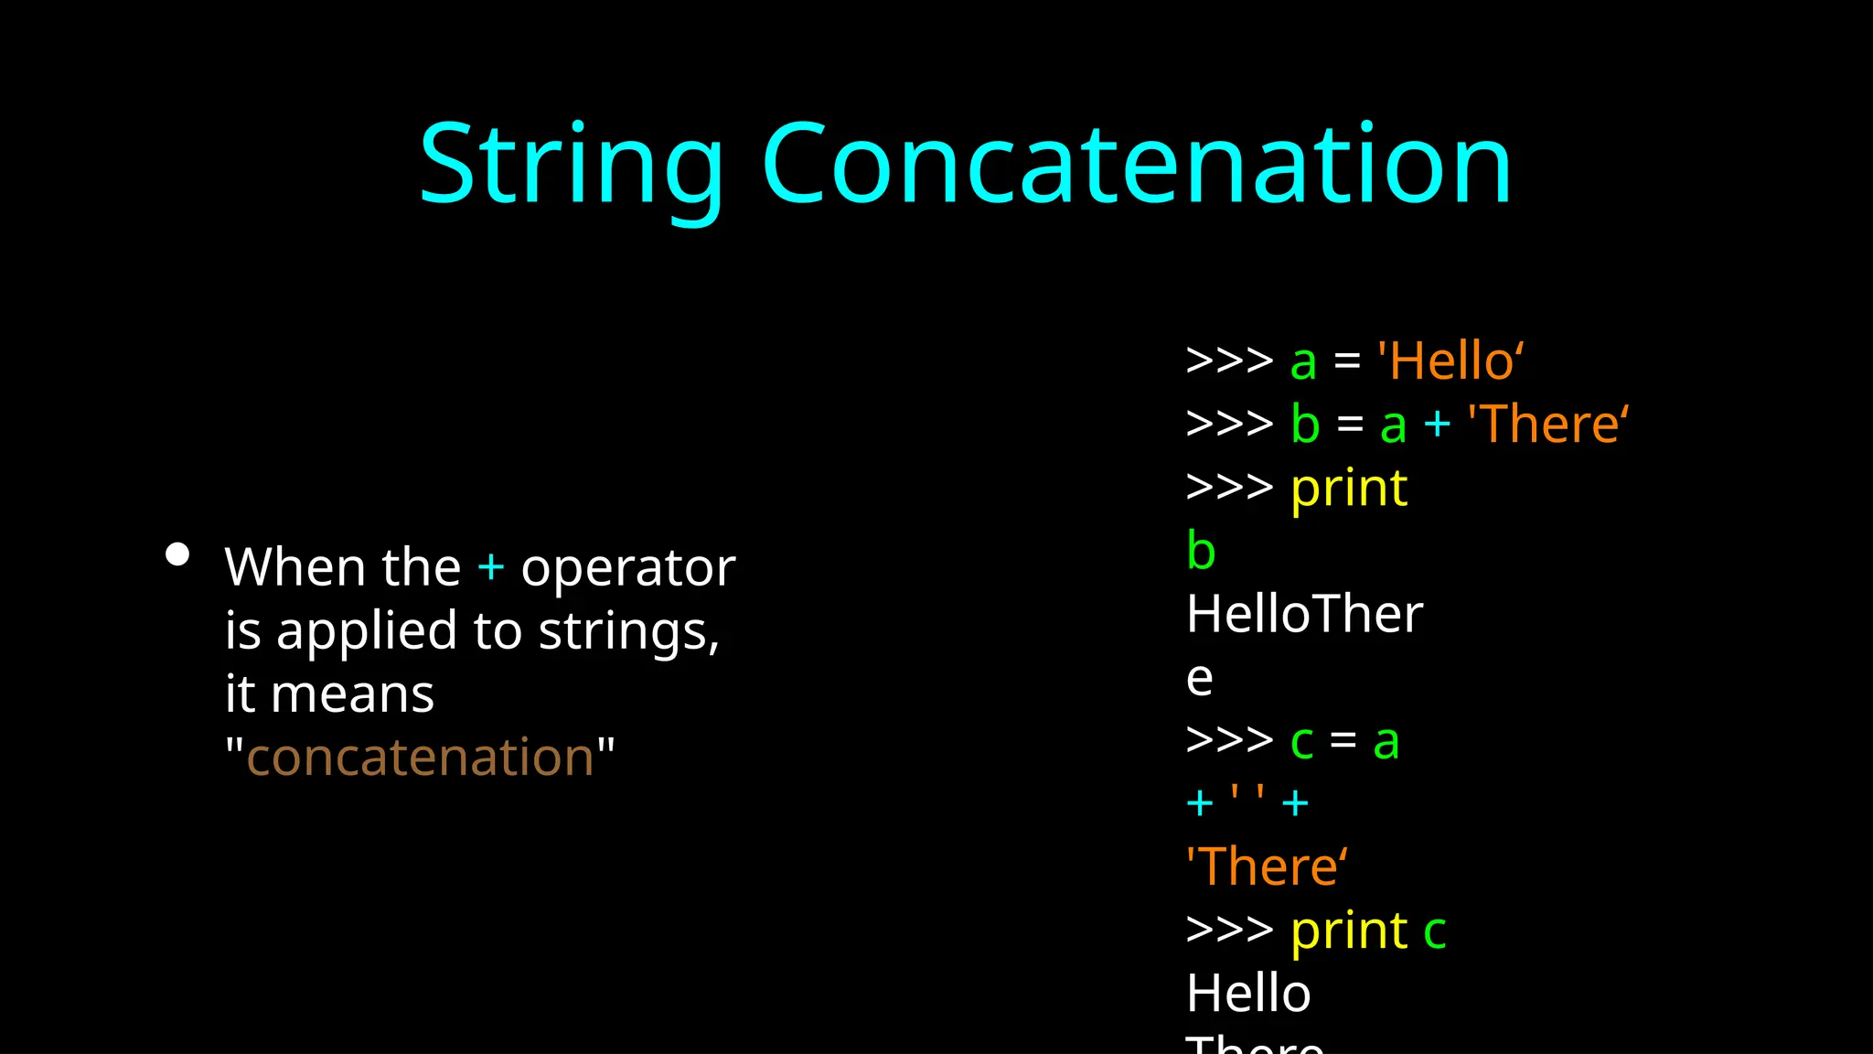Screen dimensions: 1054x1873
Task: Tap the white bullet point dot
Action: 177,554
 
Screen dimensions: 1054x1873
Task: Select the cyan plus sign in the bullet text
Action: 491,567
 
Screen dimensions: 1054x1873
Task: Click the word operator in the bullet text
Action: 627,569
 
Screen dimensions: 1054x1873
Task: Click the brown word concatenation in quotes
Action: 421,758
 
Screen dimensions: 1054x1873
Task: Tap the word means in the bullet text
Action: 352,694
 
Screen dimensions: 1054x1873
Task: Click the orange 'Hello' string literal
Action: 1450,360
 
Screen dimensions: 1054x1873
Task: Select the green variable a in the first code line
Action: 1303,362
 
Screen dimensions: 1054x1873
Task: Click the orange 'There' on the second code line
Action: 1547,425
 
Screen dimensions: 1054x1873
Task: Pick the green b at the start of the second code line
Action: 1305,425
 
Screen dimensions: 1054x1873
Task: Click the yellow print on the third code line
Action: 1349,489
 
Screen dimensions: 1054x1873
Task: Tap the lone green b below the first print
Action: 1201,551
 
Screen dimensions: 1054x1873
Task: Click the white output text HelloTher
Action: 1304,614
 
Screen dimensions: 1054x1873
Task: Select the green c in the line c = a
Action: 1301,742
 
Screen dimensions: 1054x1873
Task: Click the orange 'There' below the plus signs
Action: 1267,866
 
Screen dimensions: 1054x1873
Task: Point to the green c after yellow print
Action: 1434,932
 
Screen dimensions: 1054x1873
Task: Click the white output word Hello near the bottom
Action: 1248,994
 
